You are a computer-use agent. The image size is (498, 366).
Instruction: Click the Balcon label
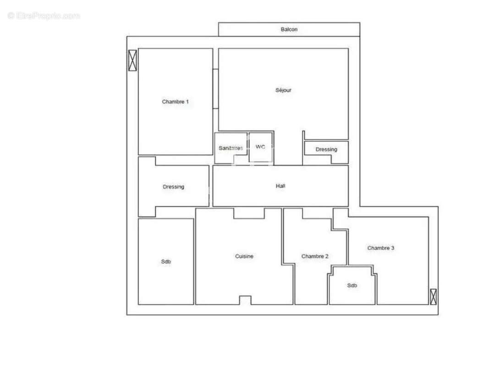click(289, 29)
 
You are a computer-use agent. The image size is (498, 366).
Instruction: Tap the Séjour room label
click(283, 90)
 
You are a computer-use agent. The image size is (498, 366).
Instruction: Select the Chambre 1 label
click(175, 102)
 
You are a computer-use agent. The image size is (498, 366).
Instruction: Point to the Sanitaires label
click(230, 148)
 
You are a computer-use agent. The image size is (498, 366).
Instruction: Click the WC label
click(260, 147)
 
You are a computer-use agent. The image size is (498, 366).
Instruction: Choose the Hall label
click(280, 186)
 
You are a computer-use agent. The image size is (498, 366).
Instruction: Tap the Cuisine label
click(244, 256)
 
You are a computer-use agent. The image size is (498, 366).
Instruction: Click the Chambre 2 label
click(315, 256)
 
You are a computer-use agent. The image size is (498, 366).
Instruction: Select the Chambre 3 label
click(381, 248)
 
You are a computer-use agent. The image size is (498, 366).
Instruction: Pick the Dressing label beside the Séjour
click(326, 149)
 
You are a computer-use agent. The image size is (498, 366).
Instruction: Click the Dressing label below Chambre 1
click(173, 187)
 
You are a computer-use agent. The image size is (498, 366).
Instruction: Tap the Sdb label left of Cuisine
click(166, 262)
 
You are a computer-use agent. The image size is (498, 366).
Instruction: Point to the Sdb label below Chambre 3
click(352, 285)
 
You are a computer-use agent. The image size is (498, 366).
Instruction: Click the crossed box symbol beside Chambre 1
click(132, 60)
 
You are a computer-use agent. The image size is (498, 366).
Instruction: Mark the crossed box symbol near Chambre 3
click(433, 296)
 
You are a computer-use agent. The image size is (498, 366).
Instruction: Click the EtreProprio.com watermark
click(44, 16)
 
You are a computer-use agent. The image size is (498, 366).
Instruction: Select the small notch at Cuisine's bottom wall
click(245, 300)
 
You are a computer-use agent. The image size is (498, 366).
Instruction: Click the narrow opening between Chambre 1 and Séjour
click(215, 89)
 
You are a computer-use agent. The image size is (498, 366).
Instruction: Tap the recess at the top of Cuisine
click(249, 214)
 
